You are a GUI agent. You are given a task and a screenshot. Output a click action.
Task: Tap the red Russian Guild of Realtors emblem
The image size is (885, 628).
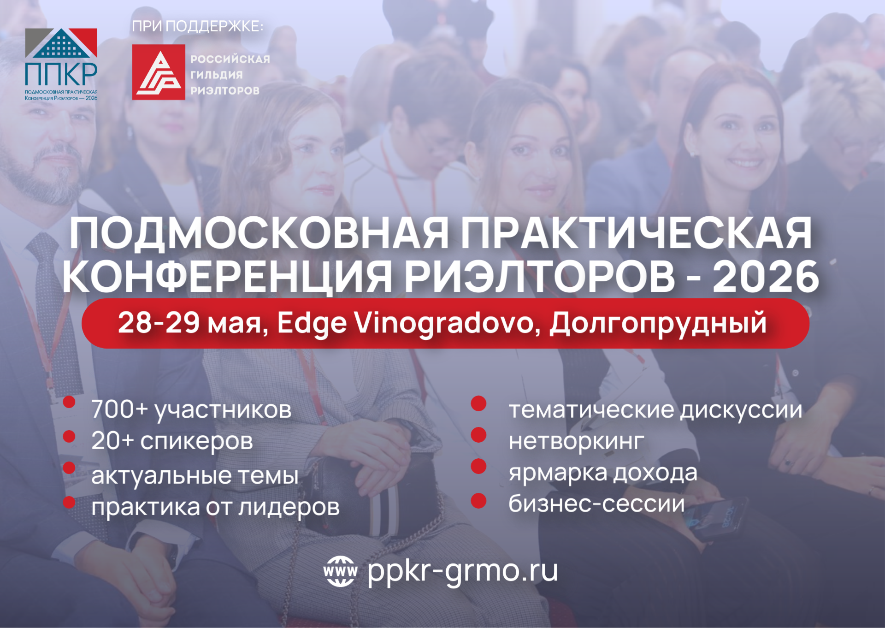coord(159,72)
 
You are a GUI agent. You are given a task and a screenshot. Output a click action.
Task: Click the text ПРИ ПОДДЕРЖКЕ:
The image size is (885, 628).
coord(198,26)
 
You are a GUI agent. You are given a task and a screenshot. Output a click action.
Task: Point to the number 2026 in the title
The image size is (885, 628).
coord(766,276)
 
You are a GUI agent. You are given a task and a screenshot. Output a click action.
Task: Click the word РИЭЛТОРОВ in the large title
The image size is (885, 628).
coord(540,276)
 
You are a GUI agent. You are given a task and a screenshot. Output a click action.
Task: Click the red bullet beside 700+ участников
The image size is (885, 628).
coord(69,402)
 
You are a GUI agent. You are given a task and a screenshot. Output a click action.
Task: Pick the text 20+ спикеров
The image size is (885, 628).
coord(172,441)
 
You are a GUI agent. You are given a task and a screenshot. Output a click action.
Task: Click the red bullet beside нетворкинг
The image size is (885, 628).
coord(479,434)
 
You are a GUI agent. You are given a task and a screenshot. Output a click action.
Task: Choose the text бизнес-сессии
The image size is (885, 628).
coord(596,504)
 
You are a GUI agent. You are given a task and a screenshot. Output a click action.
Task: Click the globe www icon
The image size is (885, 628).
coord(340,571)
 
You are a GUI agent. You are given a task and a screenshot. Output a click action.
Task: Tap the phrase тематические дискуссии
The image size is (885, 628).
coord(655,410)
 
